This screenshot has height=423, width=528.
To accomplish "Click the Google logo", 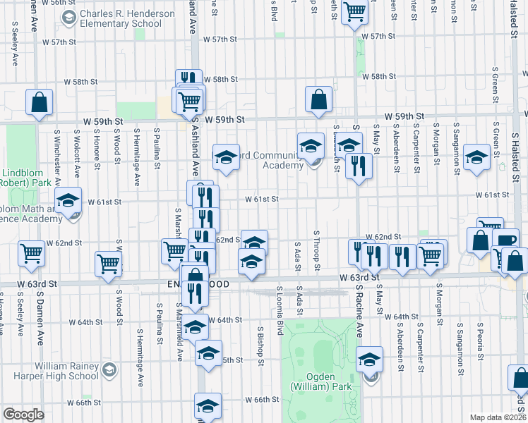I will pos(23,415).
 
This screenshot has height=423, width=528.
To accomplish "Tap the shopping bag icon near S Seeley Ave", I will pos(40,102).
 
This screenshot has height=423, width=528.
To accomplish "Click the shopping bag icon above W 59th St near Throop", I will pos(319,99).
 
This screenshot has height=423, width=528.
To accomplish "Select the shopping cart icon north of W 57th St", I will pos(354,11).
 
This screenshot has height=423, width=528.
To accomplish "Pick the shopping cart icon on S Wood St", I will pos(109,264).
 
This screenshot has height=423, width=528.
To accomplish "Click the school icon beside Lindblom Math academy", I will pos(68,200).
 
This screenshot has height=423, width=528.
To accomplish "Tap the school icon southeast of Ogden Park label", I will pos(369,360).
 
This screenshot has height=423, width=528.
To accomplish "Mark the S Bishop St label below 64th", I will pos(260,341).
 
